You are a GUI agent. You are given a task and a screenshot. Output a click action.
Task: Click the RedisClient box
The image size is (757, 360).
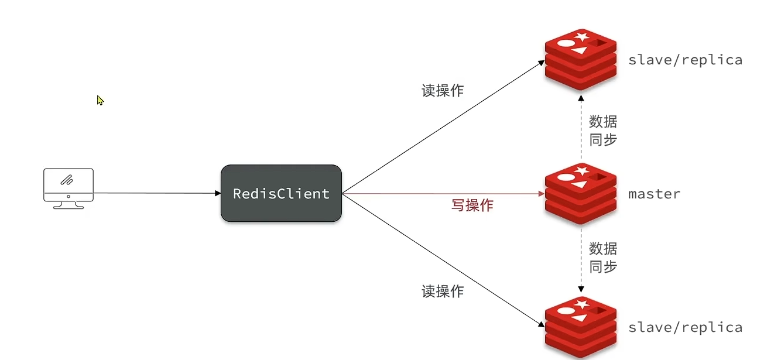(281, 193)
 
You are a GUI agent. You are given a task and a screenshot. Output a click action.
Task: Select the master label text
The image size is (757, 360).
(654, 194)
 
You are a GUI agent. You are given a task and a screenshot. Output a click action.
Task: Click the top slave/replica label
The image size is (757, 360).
(685, 60)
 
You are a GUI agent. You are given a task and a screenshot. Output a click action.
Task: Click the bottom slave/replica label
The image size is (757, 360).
(685, 327)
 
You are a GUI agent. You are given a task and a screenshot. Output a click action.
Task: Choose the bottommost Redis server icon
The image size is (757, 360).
(581, 327)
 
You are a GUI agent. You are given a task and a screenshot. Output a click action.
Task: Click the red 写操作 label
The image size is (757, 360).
(472, 205)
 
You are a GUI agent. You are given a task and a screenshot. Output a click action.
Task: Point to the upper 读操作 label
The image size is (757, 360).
(443, 91)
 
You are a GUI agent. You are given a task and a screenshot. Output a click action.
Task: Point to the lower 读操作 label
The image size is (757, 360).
(443, 291)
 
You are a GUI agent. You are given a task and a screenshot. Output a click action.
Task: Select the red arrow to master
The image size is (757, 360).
(439, 193)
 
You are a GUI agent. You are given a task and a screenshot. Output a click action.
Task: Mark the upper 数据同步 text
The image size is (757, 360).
(603, 131)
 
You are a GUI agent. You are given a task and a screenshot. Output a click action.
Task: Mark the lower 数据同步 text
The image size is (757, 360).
(603, 258)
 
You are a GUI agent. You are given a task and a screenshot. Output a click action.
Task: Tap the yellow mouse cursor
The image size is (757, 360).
(100, 100)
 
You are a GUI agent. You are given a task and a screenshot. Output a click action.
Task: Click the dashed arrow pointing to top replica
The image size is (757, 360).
(581, 126)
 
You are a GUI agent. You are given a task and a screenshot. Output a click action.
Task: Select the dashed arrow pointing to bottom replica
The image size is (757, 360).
(581, 260)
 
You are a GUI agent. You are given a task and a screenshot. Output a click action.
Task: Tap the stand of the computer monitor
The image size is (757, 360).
(68, 205)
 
